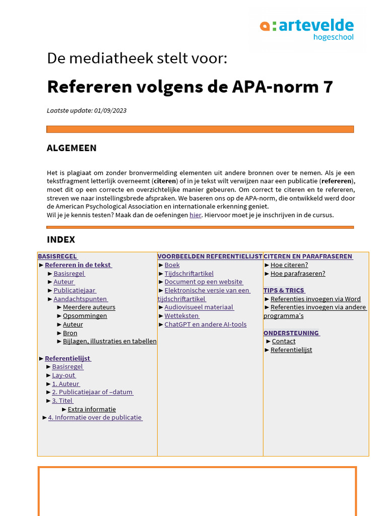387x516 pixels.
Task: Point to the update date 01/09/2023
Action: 110,110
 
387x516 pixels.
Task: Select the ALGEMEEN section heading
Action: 72,148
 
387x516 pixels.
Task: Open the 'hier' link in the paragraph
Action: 196,215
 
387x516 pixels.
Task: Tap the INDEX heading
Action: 61,239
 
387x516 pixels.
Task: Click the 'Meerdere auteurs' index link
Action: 89,307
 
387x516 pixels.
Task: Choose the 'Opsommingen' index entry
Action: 85,315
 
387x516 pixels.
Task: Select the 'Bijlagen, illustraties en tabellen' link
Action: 109,341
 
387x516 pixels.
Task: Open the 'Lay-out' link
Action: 63,375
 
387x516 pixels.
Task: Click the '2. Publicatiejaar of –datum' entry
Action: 92,392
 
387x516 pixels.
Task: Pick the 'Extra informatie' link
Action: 92,409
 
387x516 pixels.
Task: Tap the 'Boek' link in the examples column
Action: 172,265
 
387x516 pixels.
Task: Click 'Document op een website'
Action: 204,282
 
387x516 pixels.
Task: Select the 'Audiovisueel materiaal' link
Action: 199,307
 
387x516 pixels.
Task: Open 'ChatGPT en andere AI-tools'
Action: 205,324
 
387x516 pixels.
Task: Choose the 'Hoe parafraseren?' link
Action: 298,273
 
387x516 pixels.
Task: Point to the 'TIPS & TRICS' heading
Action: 284,290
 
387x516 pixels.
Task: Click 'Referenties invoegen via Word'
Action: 315,299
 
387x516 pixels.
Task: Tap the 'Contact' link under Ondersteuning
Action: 284,341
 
